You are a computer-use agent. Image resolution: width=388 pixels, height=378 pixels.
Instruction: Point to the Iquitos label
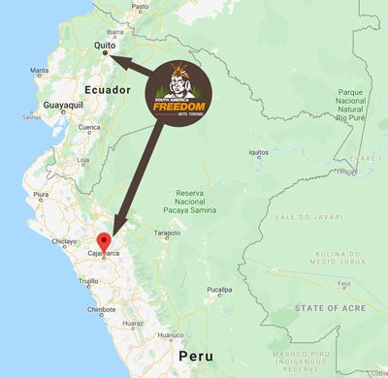258,152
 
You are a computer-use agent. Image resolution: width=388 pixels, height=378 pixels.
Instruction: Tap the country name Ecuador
108,89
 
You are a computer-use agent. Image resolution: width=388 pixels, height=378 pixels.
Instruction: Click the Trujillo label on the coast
88,280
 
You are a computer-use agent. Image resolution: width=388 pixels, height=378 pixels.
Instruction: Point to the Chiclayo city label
64,241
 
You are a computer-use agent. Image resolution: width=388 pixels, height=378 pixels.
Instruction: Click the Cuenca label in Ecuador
89,127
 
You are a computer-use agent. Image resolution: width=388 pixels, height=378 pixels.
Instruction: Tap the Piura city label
41,194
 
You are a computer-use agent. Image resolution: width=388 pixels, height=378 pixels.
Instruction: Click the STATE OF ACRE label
329,310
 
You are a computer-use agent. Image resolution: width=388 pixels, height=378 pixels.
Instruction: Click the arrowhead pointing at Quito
114,57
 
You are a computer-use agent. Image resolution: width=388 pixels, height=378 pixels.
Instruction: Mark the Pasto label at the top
141,6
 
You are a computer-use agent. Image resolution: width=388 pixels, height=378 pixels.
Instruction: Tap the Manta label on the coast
40,71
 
